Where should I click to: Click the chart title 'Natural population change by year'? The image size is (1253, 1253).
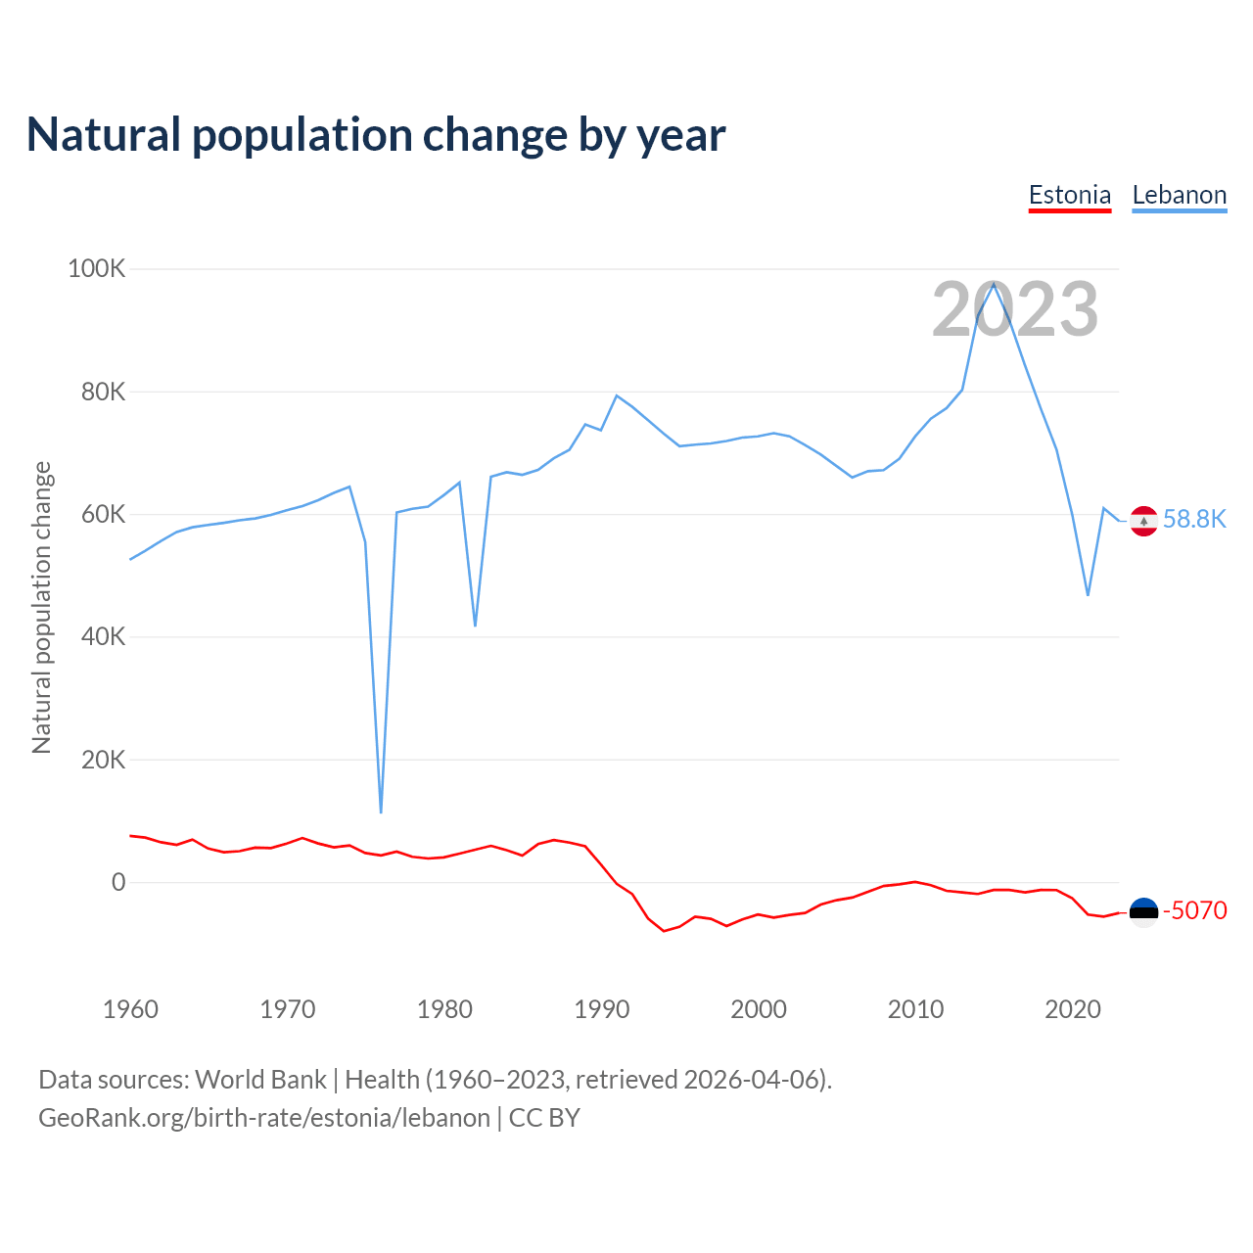click(x=376, y=135)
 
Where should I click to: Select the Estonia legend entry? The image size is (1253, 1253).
click(x=1070, y=195)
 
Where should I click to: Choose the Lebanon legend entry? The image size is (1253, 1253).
click(x=1179, y=195)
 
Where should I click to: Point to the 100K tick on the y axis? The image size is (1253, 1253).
click(x=97, y=268)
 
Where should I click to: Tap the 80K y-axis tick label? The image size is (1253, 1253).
click(x=104, y=392)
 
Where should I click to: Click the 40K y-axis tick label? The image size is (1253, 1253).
click(x=104, y=637)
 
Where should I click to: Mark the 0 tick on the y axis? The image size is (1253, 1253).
click(x=118, y=882)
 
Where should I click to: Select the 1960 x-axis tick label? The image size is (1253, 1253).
click(x=130, y=1009)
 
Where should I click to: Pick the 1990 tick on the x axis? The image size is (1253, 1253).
click(x=602, y=1009)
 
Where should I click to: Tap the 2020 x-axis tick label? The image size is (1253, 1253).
click(x=1073, y=1009)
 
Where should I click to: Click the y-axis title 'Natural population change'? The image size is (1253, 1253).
click(x=41, y=608)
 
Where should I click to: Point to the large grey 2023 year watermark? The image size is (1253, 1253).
click(x=1015, y=309)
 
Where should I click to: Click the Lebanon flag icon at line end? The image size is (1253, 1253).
click(x=1143, y=521)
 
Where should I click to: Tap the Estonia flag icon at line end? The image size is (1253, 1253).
click(x=1143, y=911)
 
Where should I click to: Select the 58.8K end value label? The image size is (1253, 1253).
click(x=1194, y=519)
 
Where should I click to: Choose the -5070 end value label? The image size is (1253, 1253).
click(x=1194, y=910)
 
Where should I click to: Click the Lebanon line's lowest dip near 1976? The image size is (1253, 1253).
click(x=381, y=812)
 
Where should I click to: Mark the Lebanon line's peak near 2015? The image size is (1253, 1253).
click(x=994, y=284)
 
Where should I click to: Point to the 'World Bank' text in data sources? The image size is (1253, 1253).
click(x=260, y=1080)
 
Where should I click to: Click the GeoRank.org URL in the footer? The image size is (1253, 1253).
click(x=264, y=1118)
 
